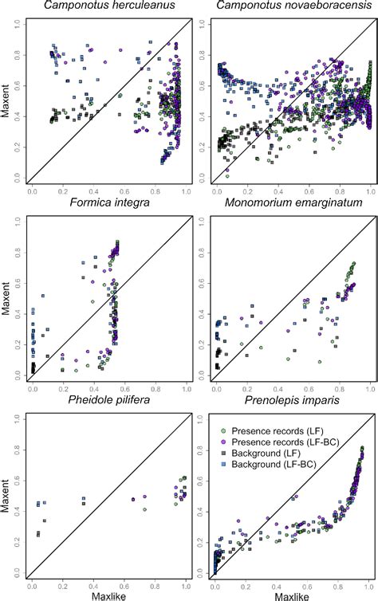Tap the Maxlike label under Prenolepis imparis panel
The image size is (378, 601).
[x=293, y=595]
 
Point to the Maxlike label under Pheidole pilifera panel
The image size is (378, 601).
[x=109, y=595]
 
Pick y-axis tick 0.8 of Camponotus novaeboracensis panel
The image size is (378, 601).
[x=202, y=61]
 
